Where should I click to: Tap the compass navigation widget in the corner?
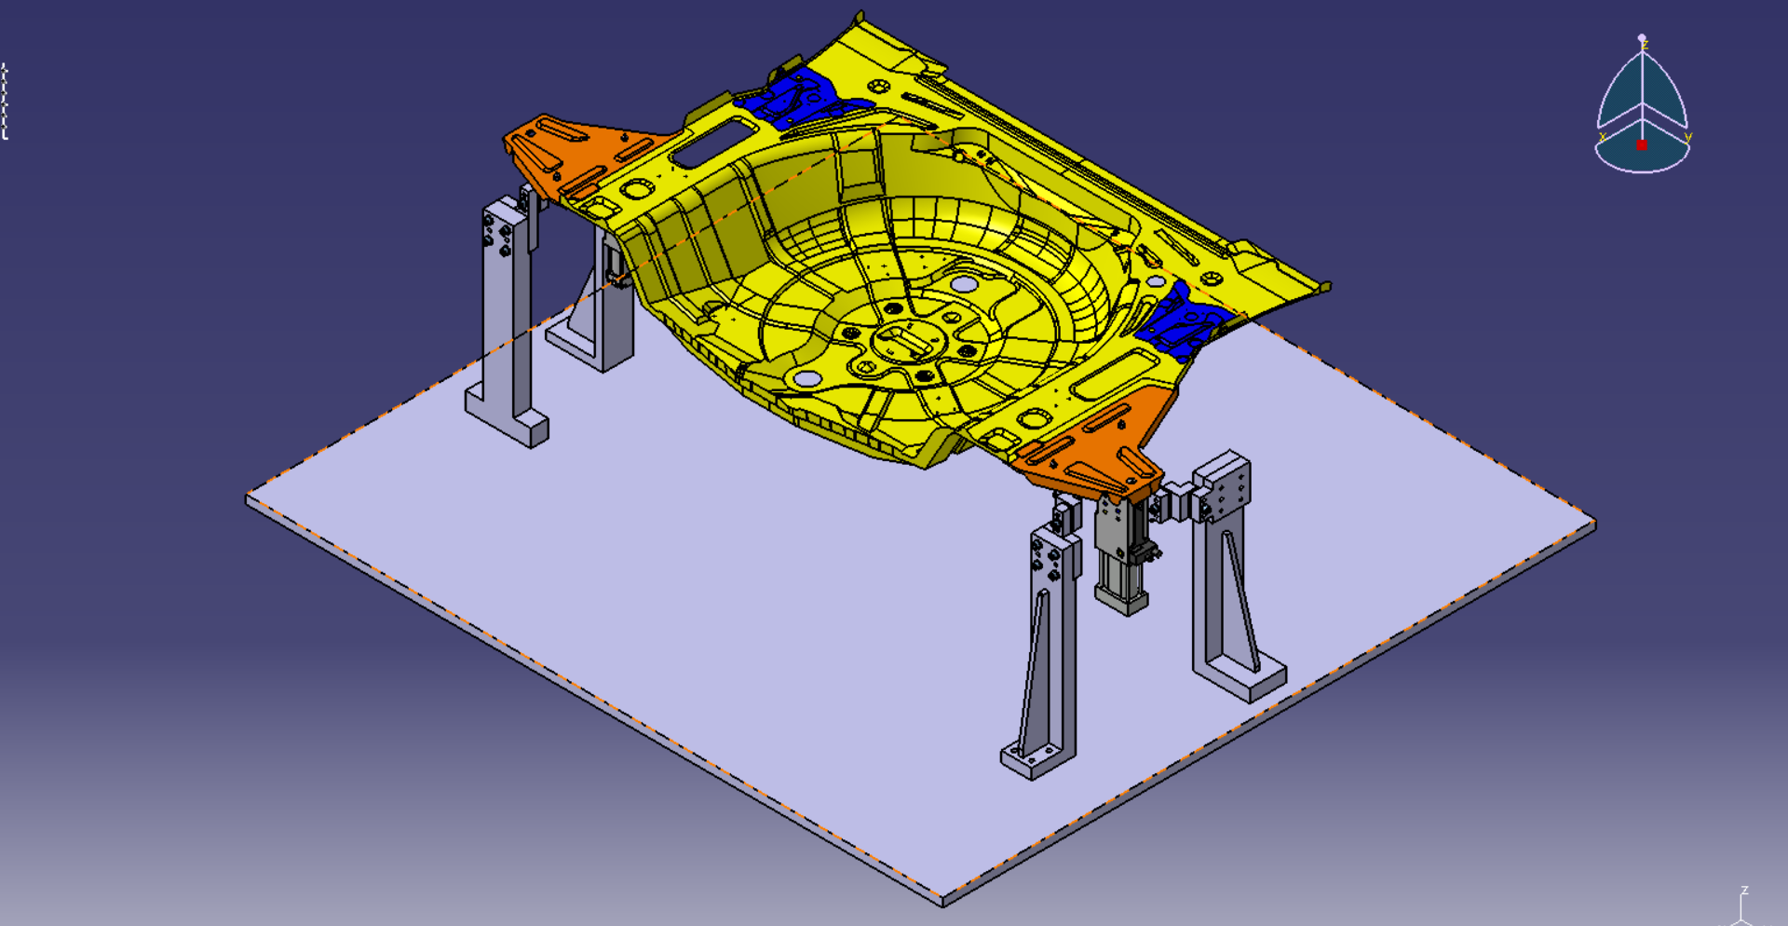[x=1642, y=107]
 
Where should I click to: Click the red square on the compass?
[x=1642, y=144]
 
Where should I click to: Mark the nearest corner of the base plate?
[x=942, y=899]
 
